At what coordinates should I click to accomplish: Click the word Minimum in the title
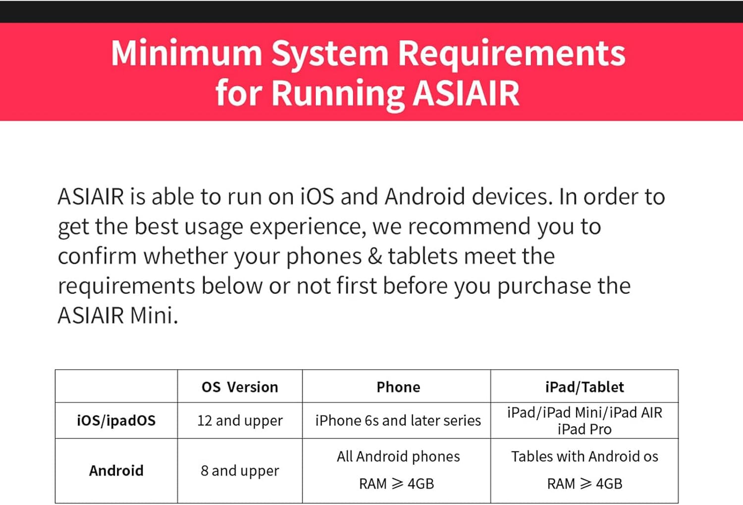pos(186,53)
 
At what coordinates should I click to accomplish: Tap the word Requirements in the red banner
pos(512,53)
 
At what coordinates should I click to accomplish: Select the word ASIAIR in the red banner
pos(466,93)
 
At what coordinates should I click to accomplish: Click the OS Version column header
pos(240,387)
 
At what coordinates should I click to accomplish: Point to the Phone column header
pos(398,387)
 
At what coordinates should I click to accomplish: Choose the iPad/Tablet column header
pos(584,387)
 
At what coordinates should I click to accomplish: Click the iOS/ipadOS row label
pos(116,420)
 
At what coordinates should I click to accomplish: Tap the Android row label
pos(116,470)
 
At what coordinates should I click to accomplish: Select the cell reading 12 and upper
pos(240,420)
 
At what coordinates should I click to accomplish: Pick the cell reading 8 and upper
pos(240,470)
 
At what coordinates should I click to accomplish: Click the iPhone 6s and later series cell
pos(398,420)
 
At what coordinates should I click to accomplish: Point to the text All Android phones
pos(398,456)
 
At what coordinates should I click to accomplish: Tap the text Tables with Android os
pos(584,456)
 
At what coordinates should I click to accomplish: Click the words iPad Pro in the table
pos(584,429)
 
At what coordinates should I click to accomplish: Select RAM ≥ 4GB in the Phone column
pos(396,483)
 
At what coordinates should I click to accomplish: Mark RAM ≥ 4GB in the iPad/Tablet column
pos(584,483)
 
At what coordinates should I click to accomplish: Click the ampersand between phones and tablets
pos(375,256)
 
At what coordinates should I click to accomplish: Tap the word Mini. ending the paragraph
pos(154,315)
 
